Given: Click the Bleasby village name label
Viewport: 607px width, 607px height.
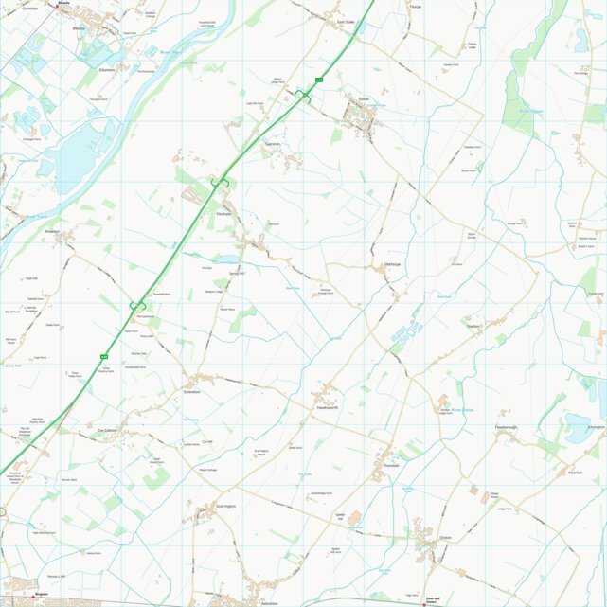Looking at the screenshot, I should pyautogui.click(x=78, y=28).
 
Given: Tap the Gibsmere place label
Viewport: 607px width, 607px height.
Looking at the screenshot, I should pyautogui.click(x=105, y=70).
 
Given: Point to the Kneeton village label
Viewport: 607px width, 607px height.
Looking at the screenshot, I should pyautogui.click(x=52, y=230).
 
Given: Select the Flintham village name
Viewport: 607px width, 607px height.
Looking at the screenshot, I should pyautogui.click(x=223, y=214).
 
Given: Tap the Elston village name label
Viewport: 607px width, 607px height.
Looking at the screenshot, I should pyautogui.click(x=364, y=98).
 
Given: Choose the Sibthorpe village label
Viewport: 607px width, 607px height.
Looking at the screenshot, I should pyautogui.click(x=394, y=264).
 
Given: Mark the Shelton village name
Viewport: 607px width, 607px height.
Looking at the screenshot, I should pyautogui.click(x=473, y=327).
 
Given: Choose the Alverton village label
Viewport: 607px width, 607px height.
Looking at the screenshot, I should pyautogui.click(x=575, y=472).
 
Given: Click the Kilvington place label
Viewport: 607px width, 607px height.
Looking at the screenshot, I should pyautogui.click(x=595, y=427).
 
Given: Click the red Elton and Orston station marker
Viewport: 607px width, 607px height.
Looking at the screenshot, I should pyautogui.click(x=425, y=603).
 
